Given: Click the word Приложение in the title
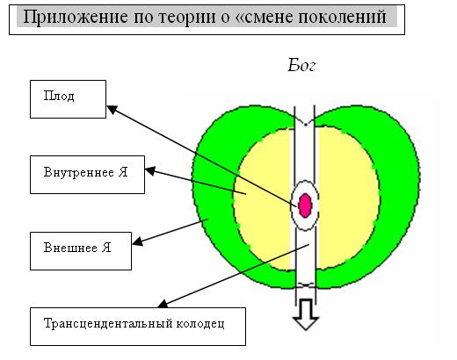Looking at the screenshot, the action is coord(76,18).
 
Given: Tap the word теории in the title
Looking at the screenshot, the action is coord(187,18).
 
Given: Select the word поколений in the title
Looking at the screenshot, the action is coord(342,17).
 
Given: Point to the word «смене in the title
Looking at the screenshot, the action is coord(265,18).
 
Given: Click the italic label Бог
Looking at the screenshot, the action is coord(301,65).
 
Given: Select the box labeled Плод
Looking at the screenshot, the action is coord(68,99).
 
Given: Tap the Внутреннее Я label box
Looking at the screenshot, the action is coord(87,175).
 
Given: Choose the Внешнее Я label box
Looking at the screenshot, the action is coord(81,251).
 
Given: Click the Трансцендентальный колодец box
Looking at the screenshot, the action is coord(138,327).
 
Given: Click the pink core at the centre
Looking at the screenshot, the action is coord(305,205).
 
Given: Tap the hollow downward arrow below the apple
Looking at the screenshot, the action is coord(306,314).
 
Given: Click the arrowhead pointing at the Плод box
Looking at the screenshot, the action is coord(112,110).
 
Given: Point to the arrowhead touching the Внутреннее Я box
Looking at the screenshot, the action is coord(150,171).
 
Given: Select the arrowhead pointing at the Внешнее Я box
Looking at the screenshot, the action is coord(137,241).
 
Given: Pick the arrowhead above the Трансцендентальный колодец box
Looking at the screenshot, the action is coord(163,304).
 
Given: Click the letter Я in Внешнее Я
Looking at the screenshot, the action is coord(106,248).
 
